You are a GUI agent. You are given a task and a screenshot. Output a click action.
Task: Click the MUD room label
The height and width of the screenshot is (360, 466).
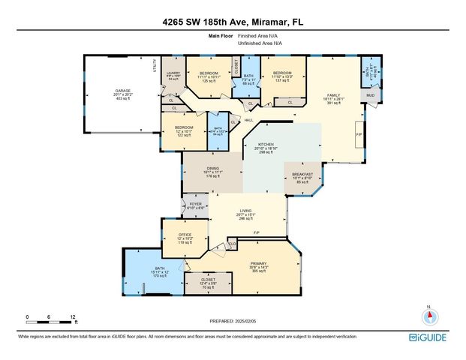pyautogui.click(x=370, y=96)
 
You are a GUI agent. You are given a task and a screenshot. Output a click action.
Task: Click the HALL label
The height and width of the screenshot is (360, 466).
pyautogui.click(x=248, y=120)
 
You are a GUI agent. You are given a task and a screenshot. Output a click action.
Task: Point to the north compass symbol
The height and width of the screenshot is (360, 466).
pyautogui.click(x=428, y=315)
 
